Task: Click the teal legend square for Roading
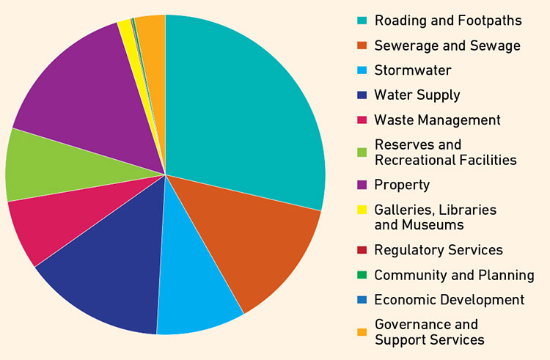pos(361,21)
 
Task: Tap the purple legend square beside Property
pos(361,185)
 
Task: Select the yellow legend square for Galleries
pos(361,210)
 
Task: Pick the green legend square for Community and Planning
pos(361,275)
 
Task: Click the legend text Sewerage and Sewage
pos(447,45)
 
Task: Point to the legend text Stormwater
pos(413,70)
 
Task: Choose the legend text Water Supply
pos(417,95)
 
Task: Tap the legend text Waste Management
pos(437,120)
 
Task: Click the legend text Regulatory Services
pos(439,250)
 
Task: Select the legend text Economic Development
pos(449,300)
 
